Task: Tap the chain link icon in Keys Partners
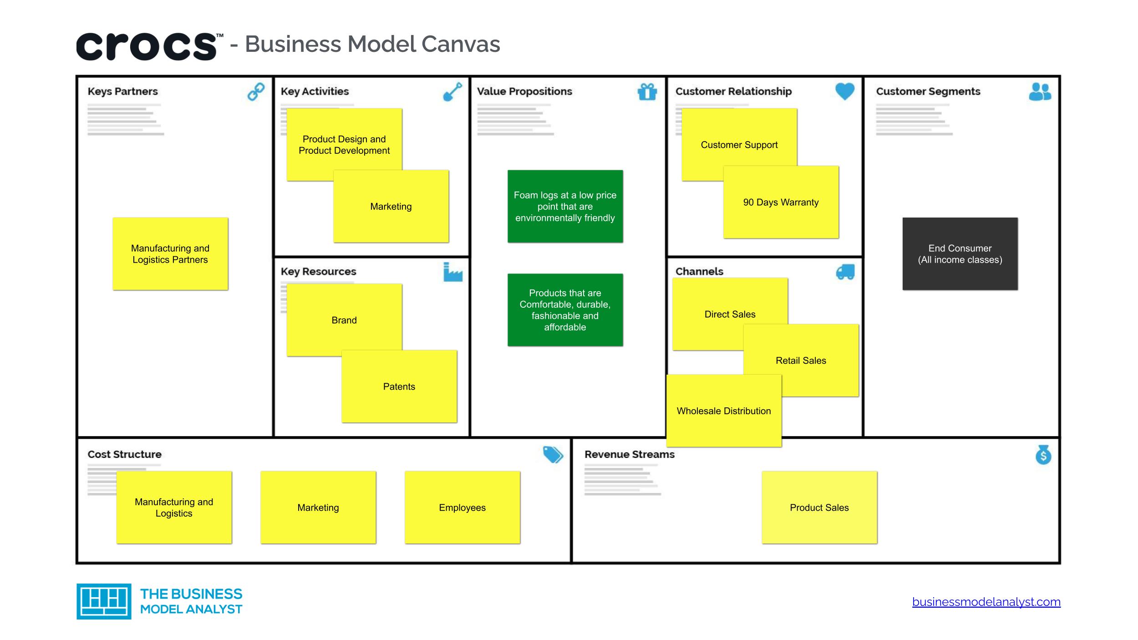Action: tap(256, 91)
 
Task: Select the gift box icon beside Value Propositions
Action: tap(647, 92)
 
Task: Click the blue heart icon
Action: tap(845, 91)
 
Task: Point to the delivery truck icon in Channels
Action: tap(845, 272)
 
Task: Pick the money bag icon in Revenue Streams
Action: tap(1043, 455)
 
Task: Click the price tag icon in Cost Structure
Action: tap(553, 454)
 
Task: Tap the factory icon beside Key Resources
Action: tap(452, 272)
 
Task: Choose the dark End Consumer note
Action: tap(960, 254)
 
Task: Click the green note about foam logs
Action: tap(565, 206)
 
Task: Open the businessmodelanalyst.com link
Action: tap(986, 602)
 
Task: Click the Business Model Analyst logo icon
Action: tap(104, 601)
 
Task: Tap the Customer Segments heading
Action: tap(928, 91)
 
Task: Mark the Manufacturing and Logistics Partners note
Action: tap(170, 254)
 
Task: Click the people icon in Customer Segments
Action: tap(1040, 91)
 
